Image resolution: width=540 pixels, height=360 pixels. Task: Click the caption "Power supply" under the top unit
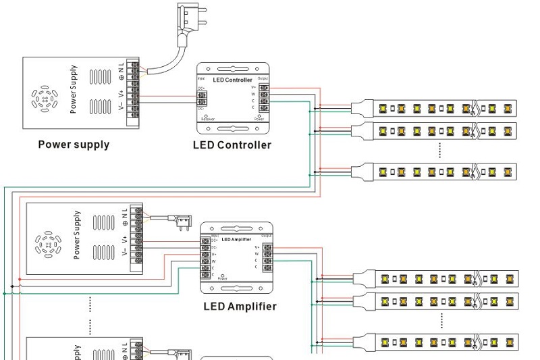(74, 144)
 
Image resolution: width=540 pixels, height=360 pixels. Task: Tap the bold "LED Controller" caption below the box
(232, 145)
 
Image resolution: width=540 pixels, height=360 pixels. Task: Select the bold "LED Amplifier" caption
(240, 306)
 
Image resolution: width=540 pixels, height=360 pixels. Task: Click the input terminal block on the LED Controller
(202, 98)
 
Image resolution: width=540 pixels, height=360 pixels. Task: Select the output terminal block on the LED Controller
(265, 97)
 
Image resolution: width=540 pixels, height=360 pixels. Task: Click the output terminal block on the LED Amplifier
(268, 257)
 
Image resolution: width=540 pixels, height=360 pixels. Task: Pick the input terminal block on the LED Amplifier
(205, 257)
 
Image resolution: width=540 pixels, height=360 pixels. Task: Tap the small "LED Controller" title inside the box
(232, 80)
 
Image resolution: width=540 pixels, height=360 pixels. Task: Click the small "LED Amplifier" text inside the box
(236, 239)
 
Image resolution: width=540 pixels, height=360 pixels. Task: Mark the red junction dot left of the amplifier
(20, 279)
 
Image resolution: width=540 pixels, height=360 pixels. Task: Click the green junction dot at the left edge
(5, 294)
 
